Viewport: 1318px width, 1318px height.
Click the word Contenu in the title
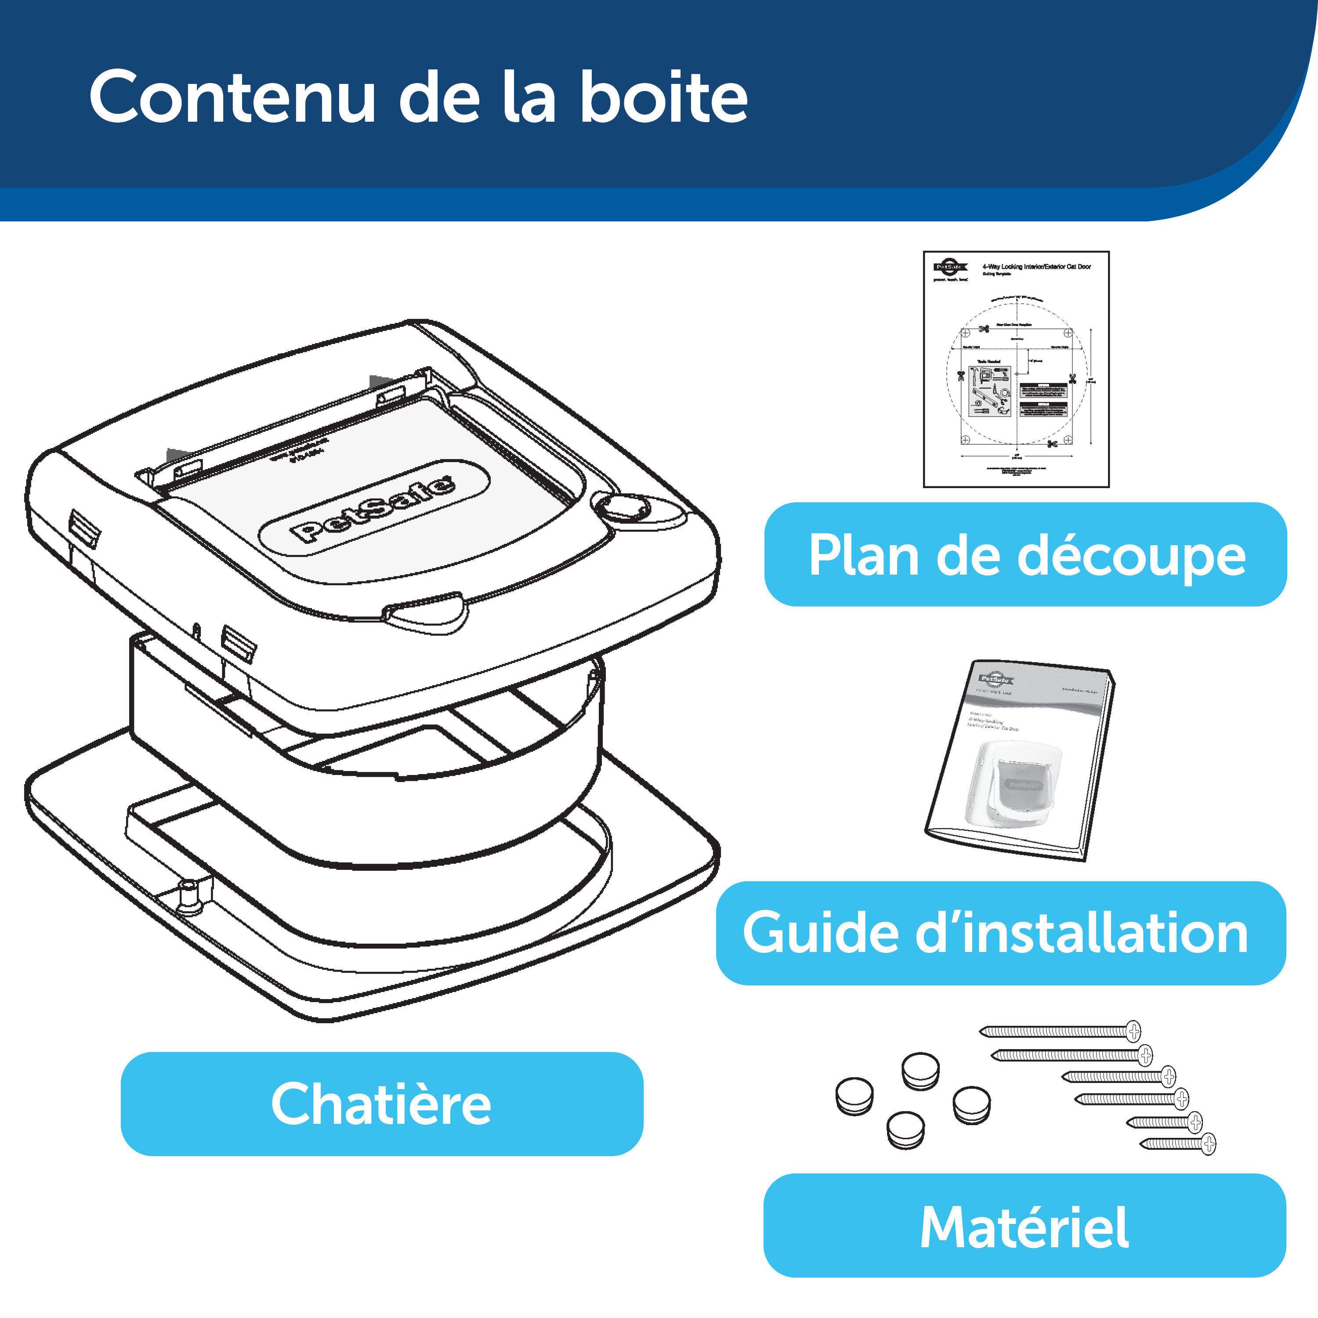point(232,98)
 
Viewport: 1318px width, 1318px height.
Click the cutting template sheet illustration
point(1016,369)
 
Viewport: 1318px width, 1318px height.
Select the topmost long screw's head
point(1133,1031)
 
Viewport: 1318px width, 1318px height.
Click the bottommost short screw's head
point(1208,1143)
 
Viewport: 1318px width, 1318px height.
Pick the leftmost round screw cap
point(854,1096)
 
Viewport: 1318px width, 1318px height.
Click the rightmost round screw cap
point(971,1104)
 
